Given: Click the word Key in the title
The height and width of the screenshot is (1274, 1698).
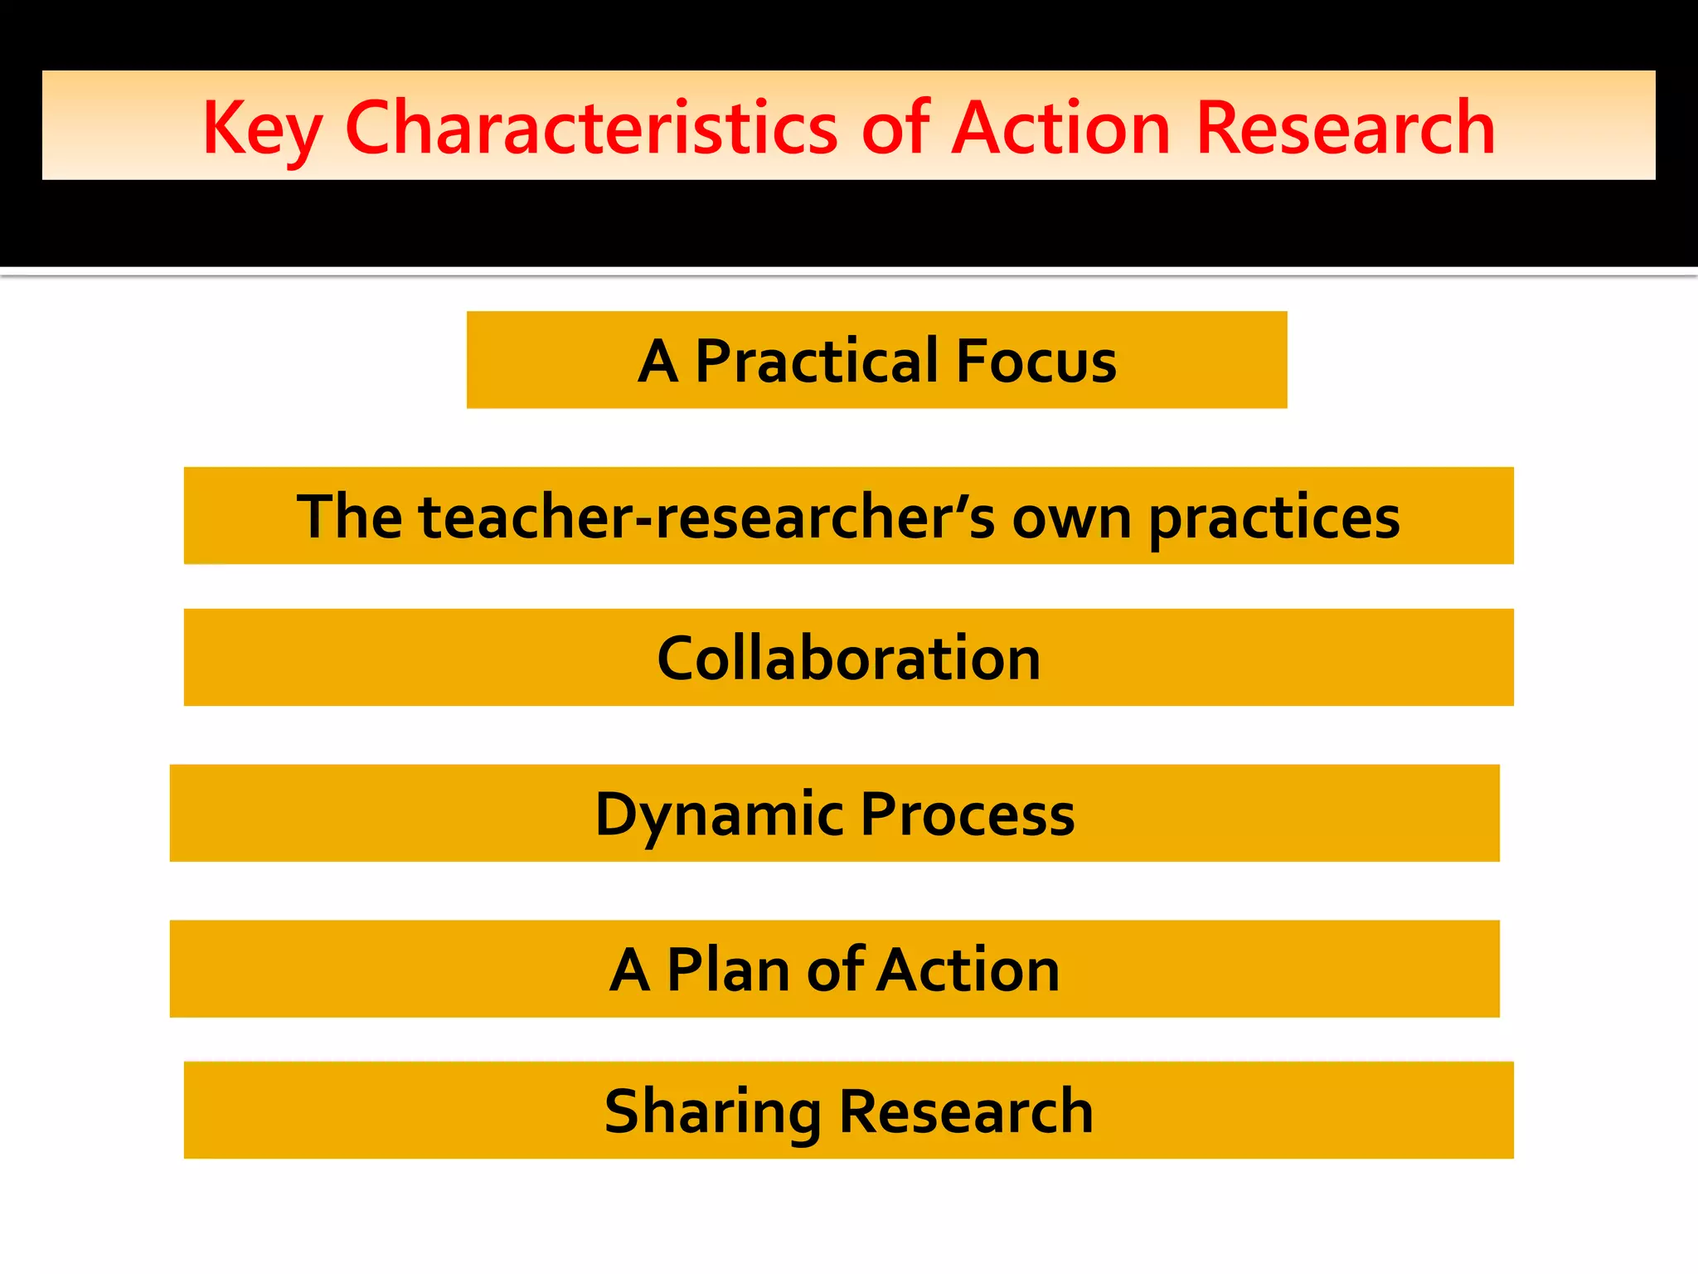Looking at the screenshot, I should tap(262, 129).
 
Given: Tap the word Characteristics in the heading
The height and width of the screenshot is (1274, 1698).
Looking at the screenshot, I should tap(591, 128).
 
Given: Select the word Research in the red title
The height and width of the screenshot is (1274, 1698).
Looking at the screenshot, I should tap(1345, 128).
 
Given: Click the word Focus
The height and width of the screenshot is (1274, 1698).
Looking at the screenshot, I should tap(1036, 362).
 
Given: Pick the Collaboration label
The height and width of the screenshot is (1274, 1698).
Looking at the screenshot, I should tap(848, 659).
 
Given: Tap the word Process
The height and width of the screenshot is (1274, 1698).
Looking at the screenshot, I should tap(968, 814).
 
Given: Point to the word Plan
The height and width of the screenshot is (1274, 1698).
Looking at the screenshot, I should tap(729, 970).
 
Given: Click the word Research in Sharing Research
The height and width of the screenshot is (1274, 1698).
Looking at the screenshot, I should tap(966, 1111).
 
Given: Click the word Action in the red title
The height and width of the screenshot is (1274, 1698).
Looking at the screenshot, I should tap(1060, 128).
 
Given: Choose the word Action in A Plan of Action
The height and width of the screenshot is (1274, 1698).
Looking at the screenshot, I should tap(968, 970).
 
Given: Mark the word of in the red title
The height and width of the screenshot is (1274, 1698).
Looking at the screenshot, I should tap(896, 128).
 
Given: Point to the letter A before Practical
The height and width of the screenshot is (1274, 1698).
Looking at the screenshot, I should tap(658, 362).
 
